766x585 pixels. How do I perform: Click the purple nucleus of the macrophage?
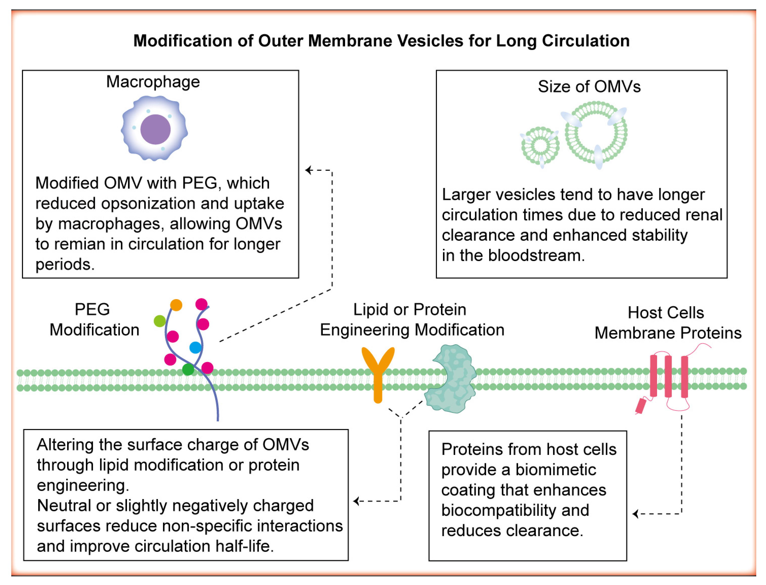click(155, 129)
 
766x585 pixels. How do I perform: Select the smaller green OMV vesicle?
click(540, 145)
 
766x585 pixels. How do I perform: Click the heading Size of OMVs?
click(589, 86)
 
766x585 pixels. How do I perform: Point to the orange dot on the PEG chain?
click(176, 305)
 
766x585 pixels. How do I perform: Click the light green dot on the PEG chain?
click(160, 321)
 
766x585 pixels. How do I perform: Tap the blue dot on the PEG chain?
click(195, 347)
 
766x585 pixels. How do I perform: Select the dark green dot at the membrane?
click(188, 369)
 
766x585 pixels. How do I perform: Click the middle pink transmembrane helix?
click(668, 376)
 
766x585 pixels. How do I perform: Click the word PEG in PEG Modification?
click(92, 309)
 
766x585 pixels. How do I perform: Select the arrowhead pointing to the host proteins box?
click(635, 514)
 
